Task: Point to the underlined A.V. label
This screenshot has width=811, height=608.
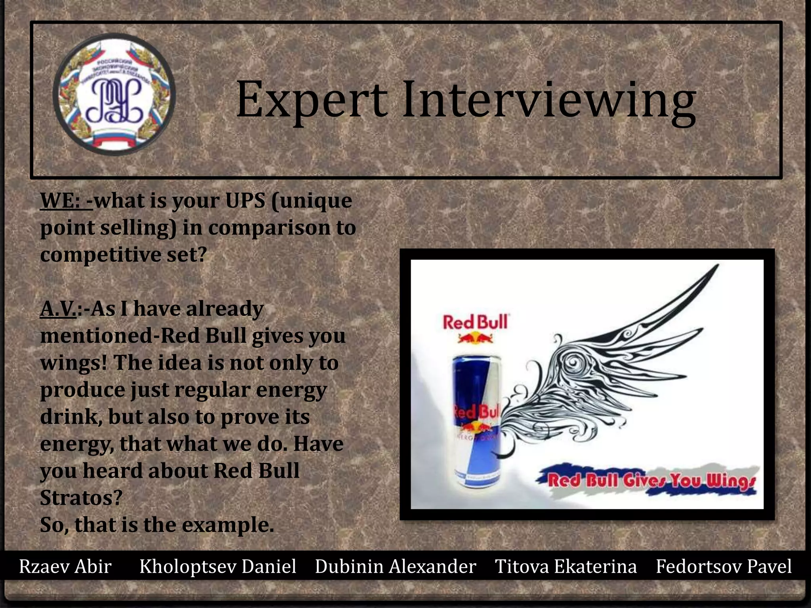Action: (x=58, y=309)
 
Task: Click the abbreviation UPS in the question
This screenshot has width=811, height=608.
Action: (x=245, y=201)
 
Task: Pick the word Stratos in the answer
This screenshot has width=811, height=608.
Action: (x=81, y=498)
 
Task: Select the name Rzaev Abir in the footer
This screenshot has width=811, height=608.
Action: (x=65, y=566)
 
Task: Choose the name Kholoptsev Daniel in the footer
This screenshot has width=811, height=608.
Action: (x=218, y=566)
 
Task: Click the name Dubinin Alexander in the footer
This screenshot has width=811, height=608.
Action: (x=395, y=566)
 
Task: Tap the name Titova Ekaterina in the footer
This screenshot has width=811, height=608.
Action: (x=566, y=566)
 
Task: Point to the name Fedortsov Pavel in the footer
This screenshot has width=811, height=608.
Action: (x=723, y=566)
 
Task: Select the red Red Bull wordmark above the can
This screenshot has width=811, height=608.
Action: (x=475, y=322)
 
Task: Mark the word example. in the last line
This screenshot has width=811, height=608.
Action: (x=228, y=525)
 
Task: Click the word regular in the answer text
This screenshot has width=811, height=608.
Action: (x=212, y=390)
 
